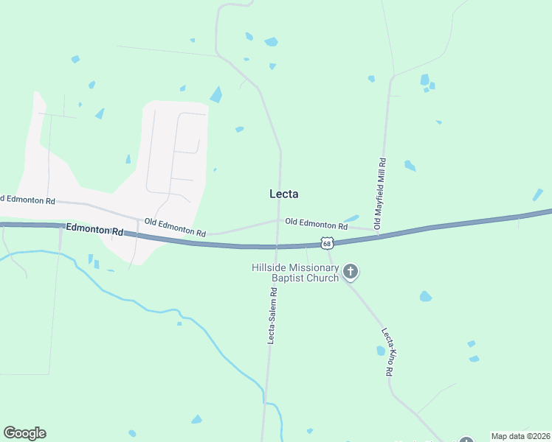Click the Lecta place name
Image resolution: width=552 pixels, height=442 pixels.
pyautogui.click(x=284, y=194)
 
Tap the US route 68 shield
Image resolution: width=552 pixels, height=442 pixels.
pyautogui.click(x=328, y=242)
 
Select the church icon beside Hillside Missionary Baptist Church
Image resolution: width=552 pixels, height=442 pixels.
pyautogui.click(x=351, y=273)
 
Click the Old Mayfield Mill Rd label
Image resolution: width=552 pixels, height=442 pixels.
pyautogui.click(x=381, y=193)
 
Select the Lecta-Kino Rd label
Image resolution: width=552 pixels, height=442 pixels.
pyautogui.click(x=387, y=351)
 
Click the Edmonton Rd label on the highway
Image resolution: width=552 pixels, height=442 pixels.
pyautogui.click(x=94, y=230)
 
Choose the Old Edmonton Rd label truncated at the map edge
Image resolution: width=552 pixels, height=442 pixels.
pyautogui.click(x=28, y=200)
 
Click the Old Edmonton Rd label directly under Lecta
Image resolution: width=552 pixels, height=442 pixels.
pyautogui.click(x=316, y=222)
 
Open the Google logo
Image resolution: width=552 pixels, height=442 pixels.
pyautogui.click(x=25, y=433)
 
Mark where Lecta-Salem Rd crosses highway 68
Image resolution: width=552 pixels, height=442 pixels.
pyautogui.click(x=277, y=246)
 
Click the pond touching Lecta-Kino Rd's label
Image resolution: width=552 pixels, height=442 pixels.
pyautogui.click(x=382, y=351)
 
